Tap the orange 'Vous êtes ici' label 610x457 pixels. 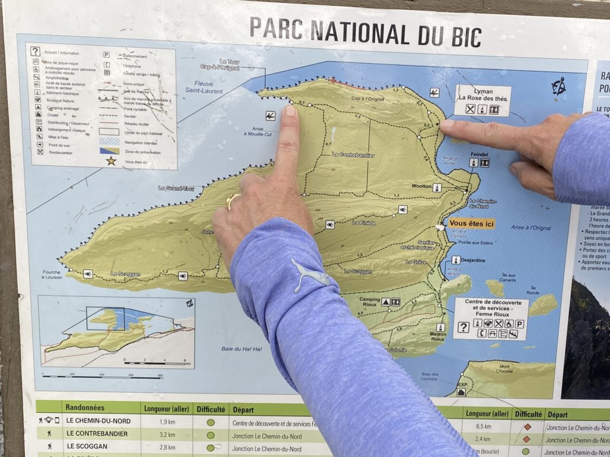pyautogui.click(x=472, y=224)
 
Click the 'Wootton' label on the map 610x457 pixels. pyautogui.click(x=421, y=186)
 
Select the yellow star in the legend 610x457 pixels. pyautogui.click(x=111, y=161)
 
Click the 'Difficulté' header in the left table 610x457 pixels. pyautogui.click(x=211, y=409)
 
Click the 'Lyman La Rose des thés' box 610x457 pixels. pyautogui.click(x=483, y=101)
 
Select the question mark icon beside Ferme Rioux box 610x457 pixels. pyautogui.click(x=463, y=327)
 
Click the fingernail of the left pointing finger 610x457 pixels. pyautogui.click(x=290, y=111)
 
